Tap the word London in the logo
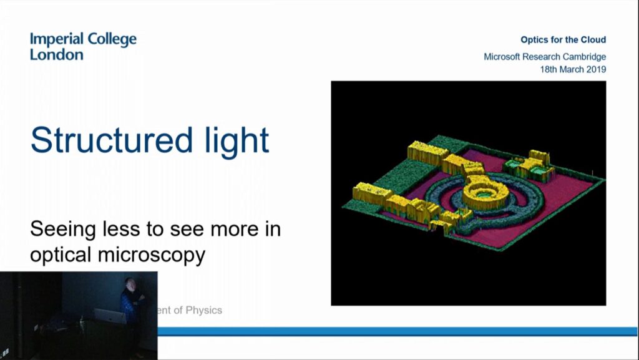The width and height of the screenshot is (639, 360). pyautogui.click(x=56, y=55)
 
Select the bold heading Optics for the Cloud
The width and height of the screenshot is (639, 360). pyautogui.click(x=563, y=40)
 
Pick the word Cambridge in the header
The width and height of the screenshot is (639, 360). pyautogui.click(x=583, y=57)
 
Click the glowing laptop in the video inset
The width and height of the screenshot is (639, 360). pyautogui.click(x=110, y=316)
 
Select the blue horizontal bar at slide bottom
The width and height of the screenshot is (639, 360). pyautogui.click(x=399, y=331)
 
